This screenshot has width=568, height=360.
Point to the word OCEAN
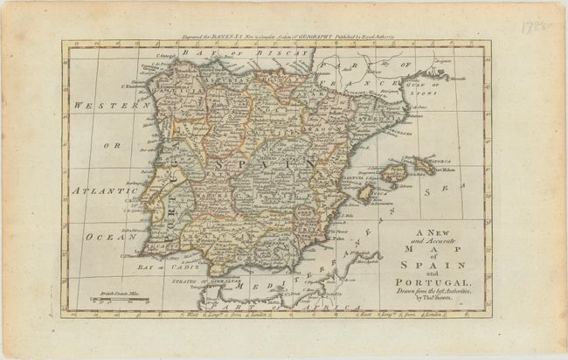coord(98,236)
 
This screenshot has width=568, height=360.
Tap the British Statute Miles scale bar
coord(121,299)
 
